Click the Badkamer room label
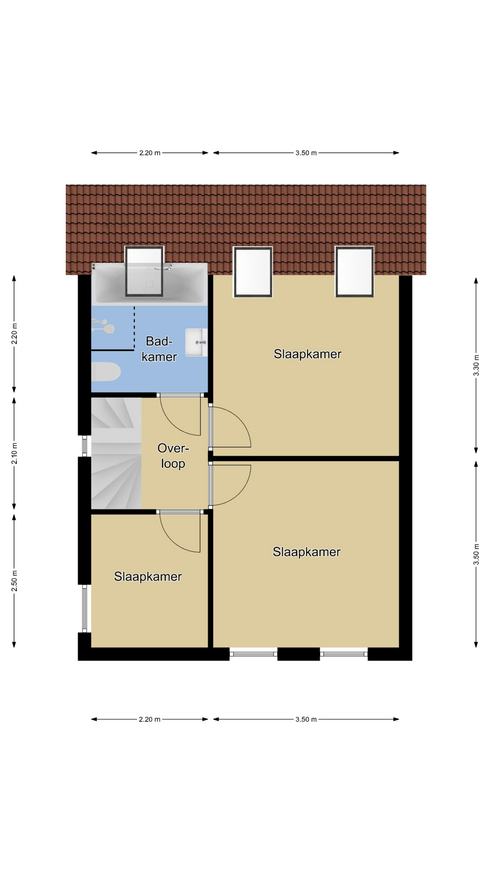tap(159, 349)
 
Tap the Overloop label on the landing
tap(173, 456)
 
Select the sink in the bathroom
tap(196, 342)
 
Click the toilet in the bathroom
tap(106, 372)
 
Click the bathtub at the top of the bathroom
tap(150, 284)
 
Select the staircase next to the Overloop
tap(116, 453)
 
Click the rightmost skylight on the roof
tap(354, 272)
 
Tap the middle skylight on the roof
tap(253, 272)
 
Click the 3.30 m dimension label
tap(476, 366)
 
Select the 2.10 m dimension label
tap(14, 453)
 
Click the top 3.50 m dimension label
tap(306, 153)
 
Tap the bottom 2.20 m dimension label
tap(150, 719)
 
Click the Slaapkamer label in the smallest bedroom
tap(148, 576)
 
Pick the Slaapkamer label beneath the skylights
tap(308, 354)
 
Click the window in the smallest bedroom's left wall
tap(84, 608)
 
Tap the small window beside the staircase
tap(84, 446)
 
